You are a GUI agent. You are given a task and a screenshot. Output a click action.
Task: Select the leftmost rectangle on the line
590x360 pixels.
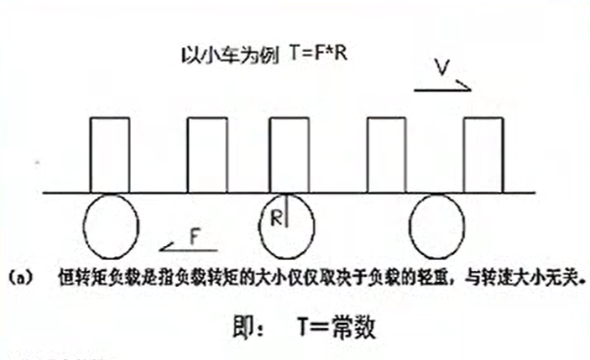click(x=111, y=155)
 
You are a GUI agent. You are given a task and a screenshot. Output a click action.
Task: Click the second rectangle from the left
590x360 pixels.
click(x=206, y=155)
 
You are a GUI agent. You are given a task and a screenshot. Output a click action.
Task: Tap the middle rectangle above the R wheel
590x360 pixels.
click(x=289, y=155)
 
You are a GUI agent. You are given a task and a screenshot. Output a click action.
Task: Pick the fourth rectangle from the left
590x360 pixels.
click(x=387, y=155)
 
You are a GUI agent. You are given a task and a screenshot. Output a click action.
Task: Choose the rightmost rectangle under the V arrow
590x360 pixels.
click(x=484, y=155)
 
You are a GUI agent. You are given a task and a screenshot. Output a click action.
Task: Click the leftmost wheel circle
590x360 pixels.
click(x=111, y=225)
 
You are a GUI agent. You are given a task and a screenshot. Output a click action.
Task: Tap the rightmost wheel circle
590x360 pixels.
click(x=436, y=225)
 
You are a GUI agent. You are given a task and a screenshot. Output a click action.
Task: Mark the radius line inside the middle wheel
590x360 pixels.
click(x=286, y=211)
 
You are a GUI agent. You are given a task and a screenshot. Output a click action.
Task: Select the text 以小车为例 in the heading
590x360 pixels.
click(x=217, y=51)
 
